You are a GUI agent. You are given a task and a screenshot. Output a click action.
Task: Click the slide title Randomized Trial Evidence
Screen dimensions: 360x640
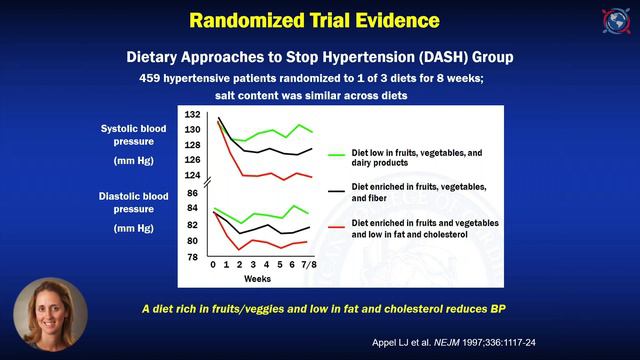pyautogui.click(x=318, y=20)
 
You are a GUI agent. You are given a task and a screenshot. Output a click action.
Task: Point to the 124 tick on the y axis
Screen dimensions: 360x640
pyautogui.click(x=192, y=176)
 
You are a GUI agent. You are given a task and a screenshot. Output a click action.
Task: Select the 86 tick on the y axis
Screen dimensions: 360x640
pyautogui.click(x=193, y=192)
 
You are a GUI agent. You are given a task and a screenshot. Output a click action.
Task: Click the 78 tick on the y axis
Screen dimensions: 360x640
pyautogui.click(x=193, y=257)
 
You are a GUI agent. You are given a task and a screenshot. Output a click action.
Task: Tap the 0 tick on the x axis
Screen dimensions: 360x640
pyautogui.click(x=213, y=265)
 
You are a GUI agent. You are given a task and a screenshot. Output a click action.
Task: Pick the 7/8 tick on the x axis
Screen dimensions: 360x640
pyautogui.click(x=313, y=265)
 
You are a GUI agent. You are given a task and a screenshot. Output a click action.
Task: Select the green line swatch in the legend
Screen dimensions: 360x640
pyautogui.click(x=336, y=155)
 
